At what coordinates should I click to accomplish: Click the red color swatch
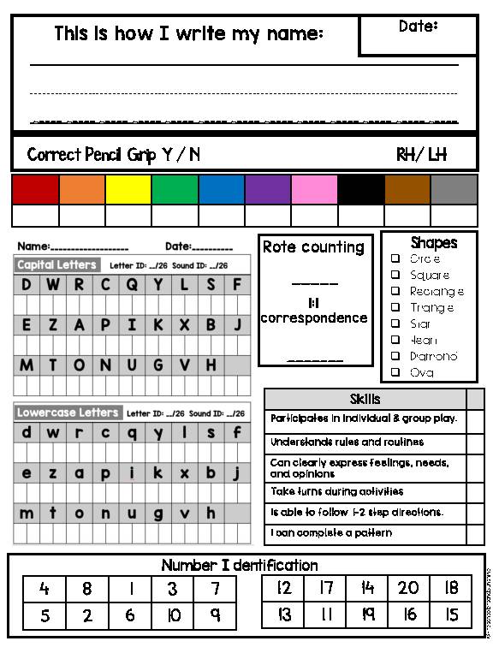tap(35, 189)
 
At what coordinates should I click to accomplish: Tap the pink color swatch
tap(314, 189)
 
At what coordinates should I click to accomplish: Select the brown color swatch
tap(407, 189)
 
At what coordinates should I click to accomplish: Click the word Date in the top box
tap(418, 27)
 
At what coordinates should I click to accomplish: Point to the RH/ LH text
tap(421, 155)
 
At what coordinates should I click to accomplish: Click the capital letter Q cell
tap(132, 285)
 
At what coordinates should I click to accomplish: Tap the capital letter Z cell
tap(53, 325)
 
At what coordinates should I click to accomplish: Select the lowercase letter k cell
tap(157, 472)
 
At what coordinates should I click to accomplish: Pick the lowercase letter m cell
tap(27, 513)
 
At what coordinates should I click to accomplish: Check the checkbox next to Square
tap(395, 275)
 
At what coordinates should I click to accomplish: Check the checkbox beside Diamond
tap(395, 356)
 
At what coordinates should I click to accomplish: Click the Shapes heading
tap(433, 243)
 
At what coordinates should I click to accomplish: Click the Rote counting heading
tap(313, 247)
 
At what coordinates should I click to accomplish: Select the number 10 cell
tap(173, 614)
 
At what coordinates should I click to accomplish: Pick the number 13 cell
tap(284, 614)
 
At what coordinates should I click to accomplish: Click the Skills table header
tap(365, 399)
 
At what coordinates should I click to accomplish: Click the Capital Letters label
tap(56, 264)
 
